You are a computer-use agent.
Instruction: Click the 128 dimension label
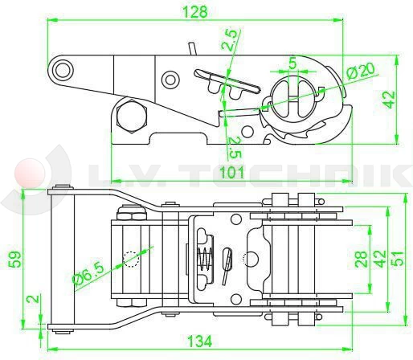click(x=195, y=12)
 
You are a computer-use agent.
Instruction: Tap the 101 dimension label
click(x=232, y=172)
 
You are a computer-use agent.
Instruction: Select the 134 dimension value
click(x=199, y=342)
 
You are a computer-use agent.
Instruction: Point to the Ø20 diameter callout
click(x=361, y=72)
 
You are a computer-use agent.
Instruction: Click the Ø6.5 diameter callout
click(x=88, y=272)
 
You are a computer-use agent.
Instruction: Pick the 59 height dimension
click(x=14, y=259)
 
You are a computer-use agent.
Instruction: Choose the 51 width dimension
click(x=398, y=258)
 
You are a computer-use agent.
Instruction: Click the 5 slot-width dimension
click(x=293, y=63)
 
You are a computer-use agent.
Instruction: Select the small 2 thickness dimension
click(x=35, y=298)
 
